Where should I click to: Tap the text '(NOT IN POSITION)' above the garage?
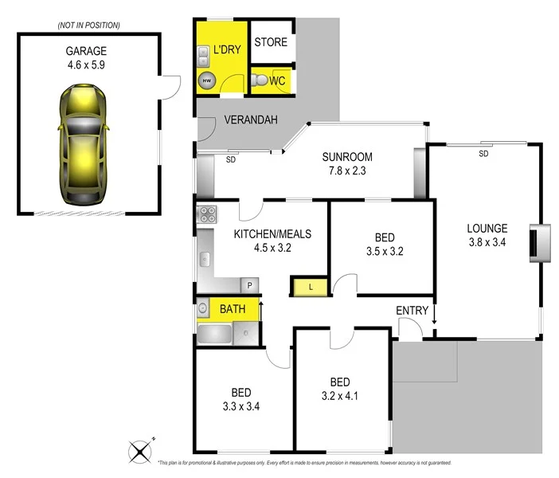(89, 25)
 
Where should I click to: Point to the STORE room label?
(272, 42)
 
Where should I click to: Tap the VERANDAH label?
(250, 120)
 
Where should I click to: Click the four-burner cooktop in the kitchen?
(207, 214)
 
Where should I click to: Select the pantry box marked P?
(249, 284)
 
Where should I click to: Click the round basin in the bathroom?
(204, 308)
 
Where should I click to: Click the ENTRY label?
(412, 311)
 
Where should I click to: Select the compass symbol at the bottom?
(141, 452)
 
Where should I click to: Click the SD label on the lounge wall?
(483, 153)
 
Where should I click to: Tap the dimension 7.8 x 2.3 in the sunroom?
(346, 170)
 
